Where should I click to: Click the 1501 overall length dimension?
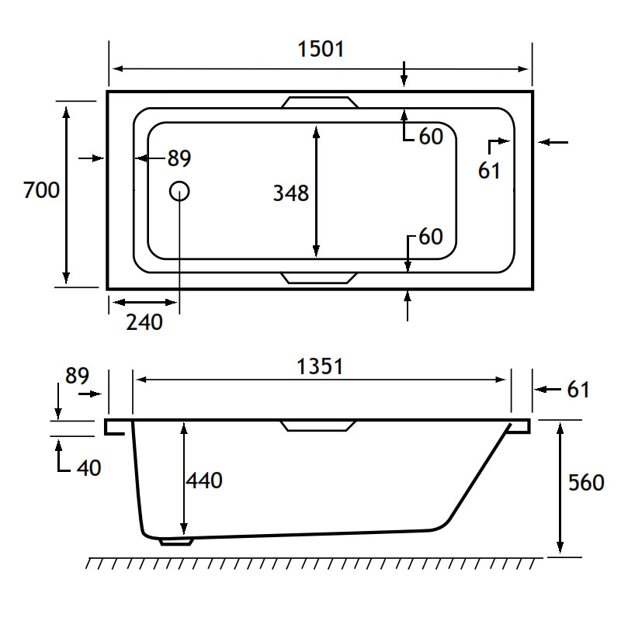[321, 49]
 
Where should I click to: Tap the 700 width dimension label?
[41, 189]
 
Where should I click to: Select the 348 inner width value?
[291, 193]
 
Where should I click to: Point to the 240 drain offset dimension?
[144, 322]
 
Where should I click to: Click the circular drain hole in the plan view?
[179, 191]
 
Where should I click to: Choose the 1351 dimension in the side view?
[320, 366]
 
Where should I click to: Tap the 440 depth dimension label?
[204, 480]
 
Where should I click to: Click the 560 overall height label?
[586, 482]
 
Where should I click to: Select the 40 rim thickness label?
[88, 468]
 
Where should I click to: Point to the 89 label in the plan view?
[179, 158]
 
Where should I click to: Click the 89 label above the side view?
[77, 376]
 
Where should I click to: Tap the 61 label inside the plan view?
[489, 171]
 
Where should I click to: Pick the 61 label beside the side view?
[578, 390]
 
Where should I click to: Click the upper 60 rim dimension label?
[431, 137]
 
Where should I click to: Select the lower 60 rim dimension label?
[431, 237]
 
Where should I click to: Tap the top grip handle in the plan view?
[320, 102]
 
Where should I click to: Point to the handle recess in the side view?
[318, 426]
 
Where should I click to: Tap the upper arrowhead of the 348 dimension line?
[316, 132]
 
